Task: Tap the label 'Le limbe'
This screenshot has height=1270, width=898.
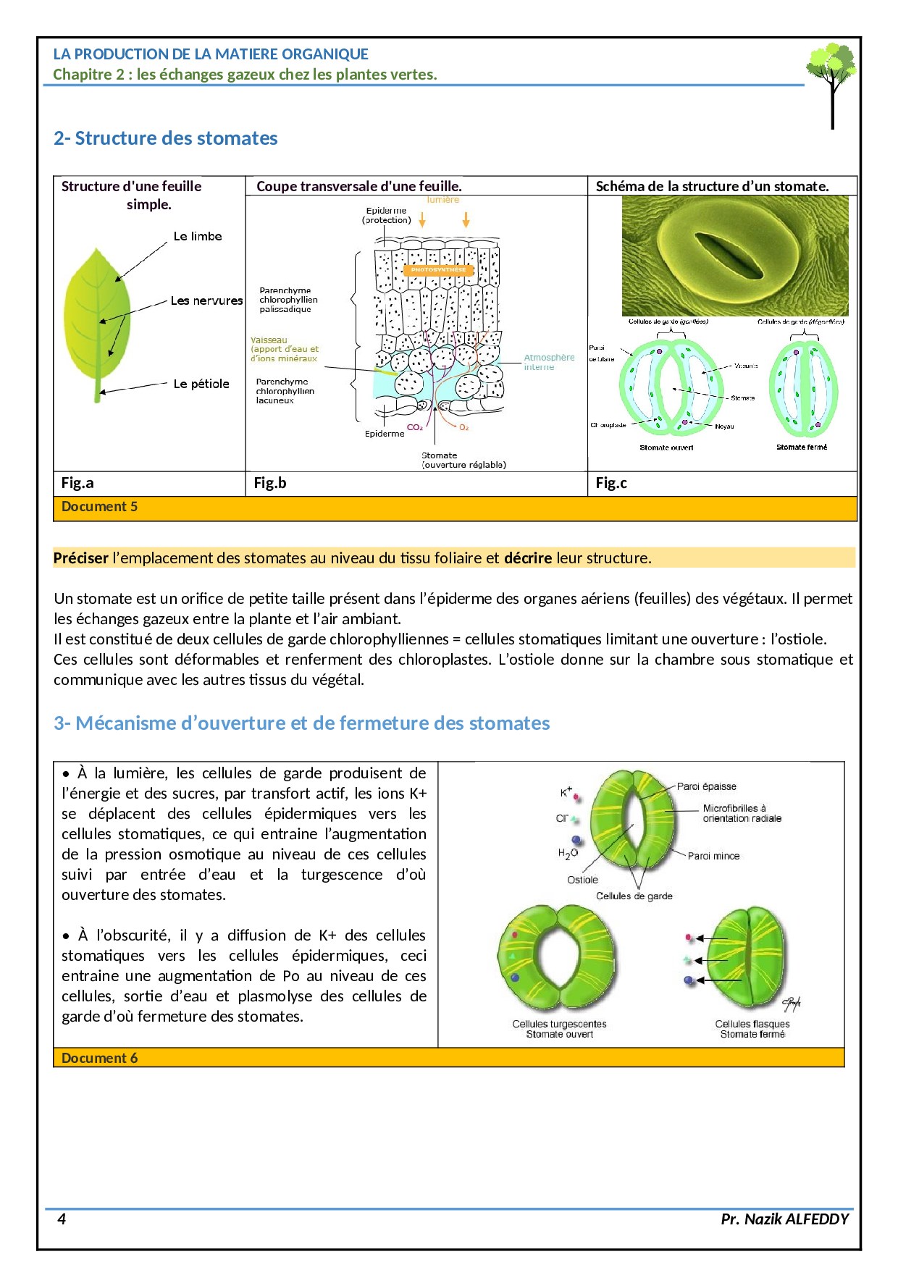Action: point(198,236)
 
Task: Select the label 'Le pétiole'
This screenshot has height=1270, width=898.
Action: point(201,384)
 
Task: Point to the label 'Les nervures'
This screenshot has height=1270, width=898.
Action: point(206,300)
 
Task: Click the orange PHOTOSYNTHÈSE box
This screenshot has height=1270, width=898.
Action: point(438,270)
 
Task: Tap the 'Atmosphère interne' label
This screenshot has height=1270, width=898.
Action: point(549,362)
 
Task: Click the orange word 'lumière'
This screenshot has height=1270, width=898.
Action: point(442,200)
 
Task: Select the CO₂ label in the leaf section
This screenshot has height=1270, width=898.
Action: point(414,427)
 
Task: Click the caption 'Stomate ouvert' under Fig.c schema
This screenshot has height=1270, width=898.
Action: point(666,447)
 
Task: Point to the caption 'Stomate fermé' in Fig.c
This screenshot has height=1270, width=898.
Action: point(802,447)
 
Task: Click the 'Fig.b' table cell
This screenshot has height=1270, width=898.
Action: point(270,483)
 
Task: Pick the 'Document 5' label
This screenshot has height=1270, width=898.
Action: point(99,507)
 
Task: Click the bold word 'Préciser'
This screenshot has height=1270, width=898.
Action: point(80,558)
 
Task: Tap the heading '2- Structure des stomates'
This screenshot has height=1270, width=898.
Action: point(165,138)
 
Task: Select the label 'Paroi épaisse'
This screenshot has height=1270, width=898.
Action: point(706,786)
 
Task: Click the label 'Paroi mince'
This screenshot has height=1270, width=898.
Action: point(713,856)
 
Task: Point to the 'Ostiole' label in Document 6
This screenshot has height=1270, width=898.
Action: point(582,880)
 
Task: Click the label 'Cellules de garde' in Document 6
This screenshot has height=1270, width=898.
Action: point(634,896)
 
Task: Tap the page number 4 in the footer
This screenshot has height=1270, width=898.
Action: point(62,1219)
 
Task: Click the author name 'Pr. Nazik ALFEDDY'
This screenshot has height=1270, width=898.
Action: point(784,1219)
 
